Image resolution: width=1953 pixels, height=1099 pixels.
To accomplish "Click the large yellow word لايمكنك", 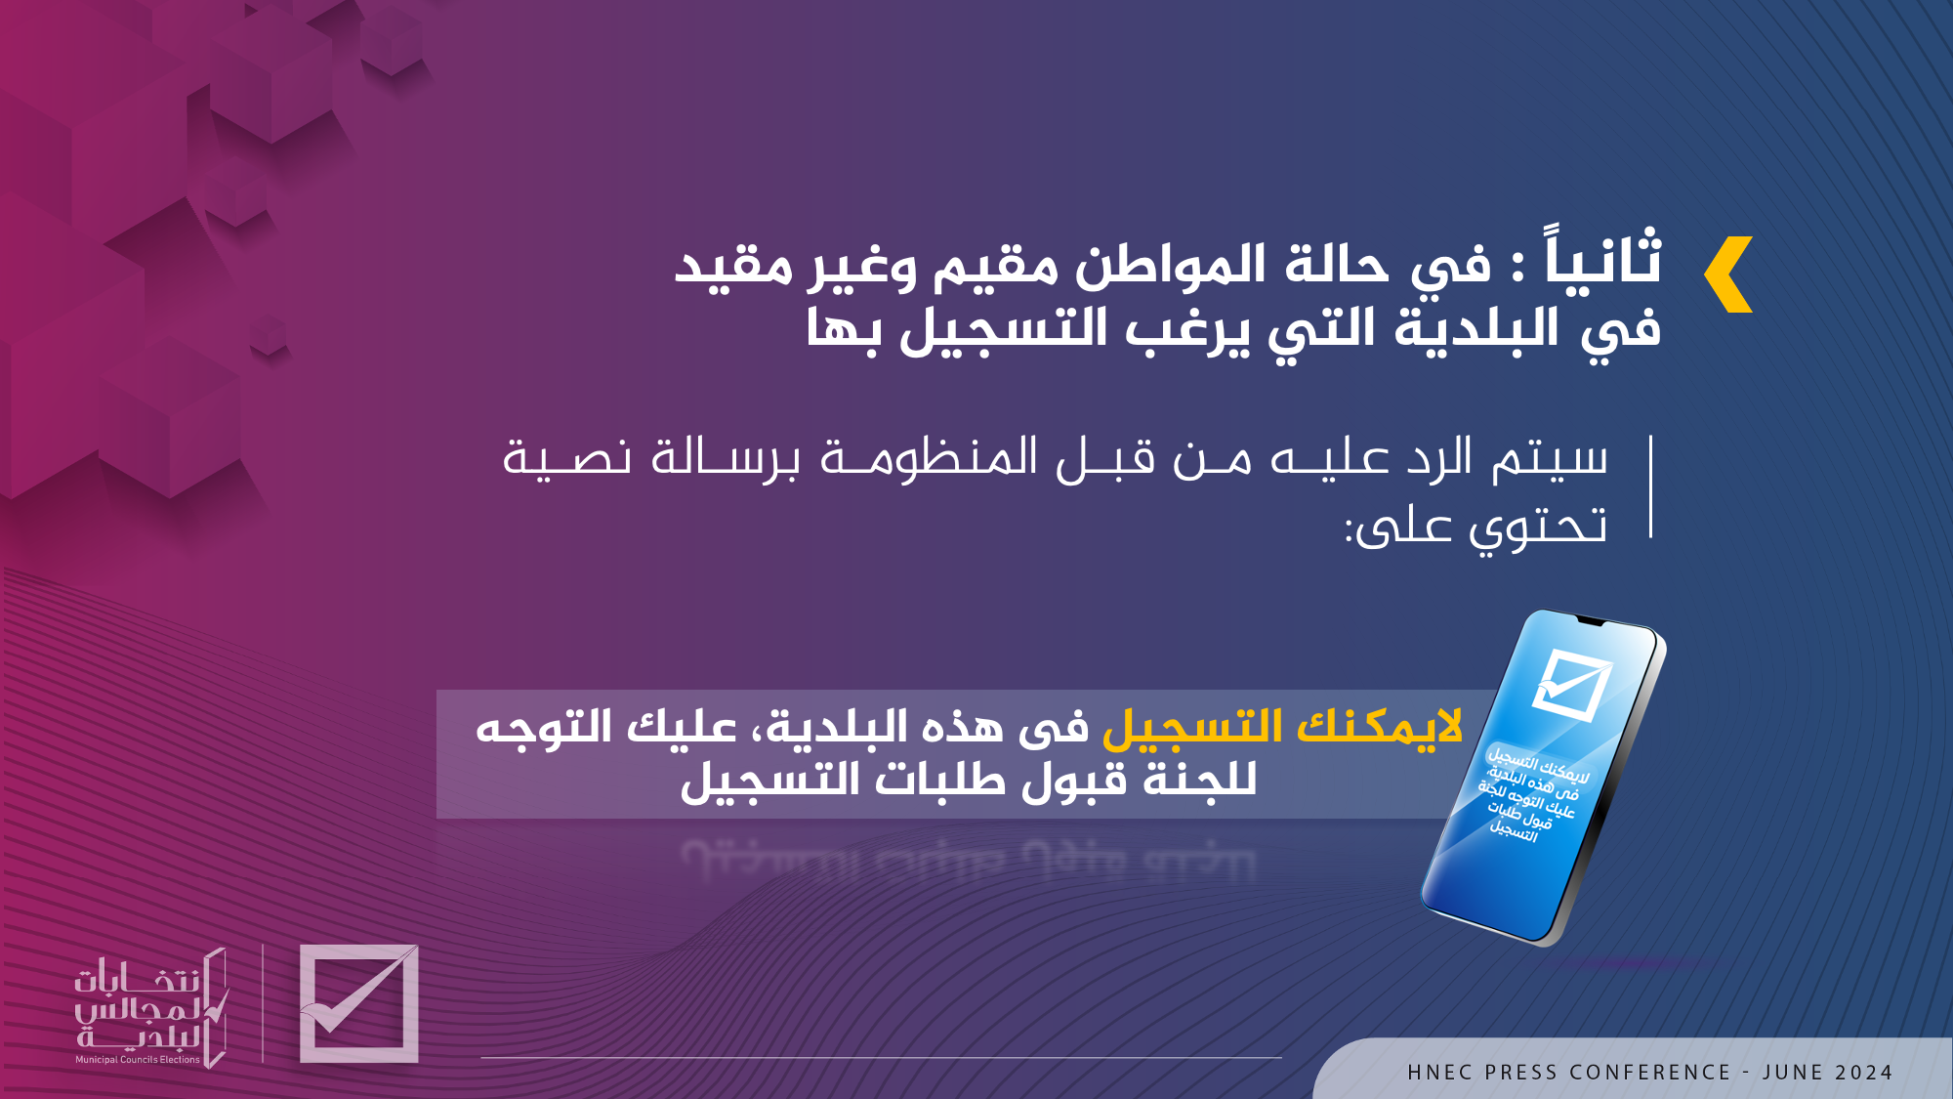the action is pos(1379,726).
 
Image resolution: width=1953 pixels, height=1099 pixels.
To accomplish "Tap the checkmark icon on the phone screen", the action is pos(1571,685).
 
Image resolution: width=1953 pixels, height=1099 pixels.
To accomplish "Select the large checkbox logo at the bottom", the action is pos(358,1003).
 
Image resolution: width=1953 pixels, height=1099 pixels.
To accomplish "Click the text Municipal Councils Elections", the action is pos(138,1059).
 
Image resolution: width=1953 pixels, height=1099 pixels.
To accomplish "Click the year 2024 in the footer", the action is pos(1864,1073).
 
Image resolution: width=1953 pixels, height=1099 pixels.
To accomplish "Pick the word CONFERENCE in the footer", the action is pos(1650,1073).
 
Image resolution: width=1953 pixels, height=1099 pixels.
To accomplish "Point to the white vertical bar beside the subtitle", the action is pos(1650,486).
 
